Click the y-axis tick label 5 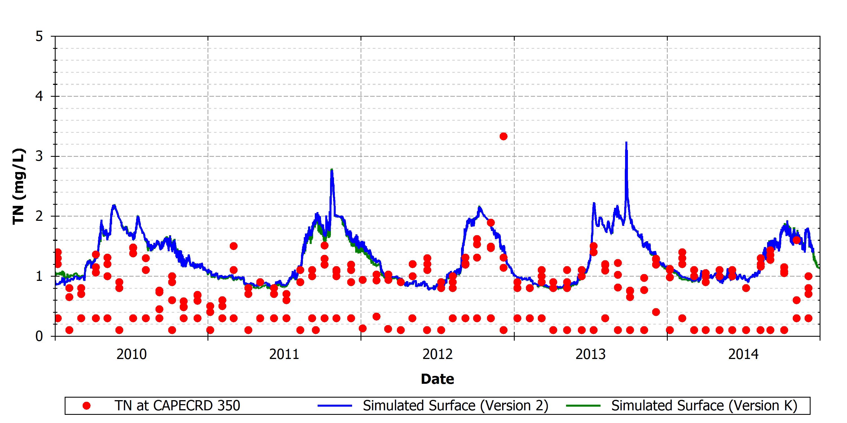pos(40,36)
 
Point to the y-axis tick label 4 pos(40,96)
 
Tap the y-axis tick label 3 pos(40,156)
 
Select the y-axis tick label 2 pos(40,216)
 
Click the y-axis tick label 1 pos(40,276)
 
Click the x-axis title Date pos(438,379)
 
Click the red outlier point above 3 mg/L pos(503,136)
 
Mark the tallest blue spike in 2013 pos(626,142)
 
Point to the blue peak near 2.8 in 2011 pos(332,169)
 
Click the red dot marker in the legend pos(86,406)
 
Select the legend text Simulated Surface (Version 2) pos(456,406)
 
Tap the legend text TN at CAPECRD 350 pos(177,406)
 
